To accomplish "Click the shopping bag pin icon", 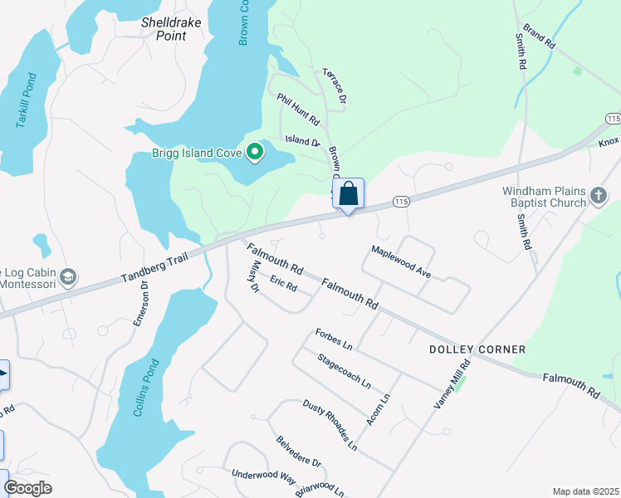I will point(349,194).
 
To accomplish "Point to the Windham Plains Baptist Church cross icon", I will point(599,197).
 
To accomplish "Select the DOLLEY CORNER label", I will point(477,349).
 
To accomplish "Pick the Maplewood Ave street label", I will point(402,261).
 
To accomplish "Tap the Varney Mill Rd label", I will point(452,383).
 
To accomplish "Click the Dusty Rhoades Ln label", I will point(330,426).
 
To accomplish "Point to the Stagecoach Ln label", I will point(344,372).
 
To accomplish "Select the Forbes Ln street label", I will point(334,339).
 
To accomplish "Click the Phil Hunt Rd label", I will point(299,110).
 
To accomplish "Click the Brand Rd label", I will point(538,37).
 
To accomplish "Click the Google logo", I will point(27,488).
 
